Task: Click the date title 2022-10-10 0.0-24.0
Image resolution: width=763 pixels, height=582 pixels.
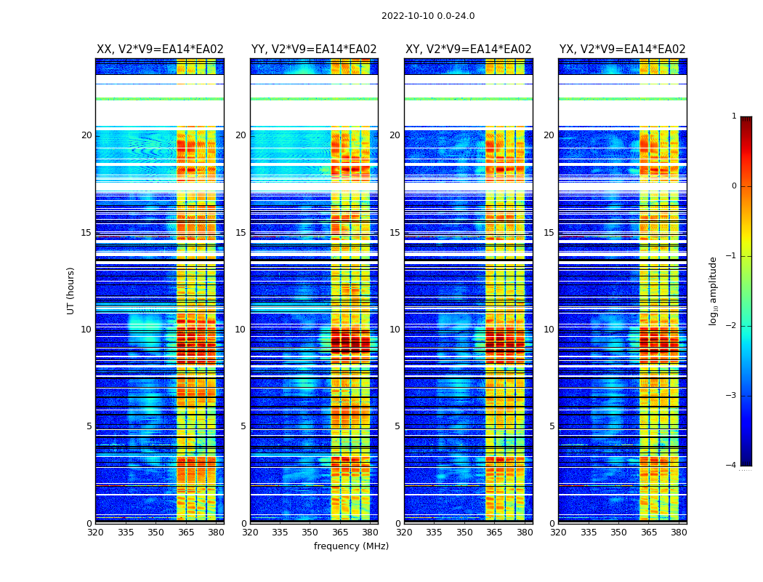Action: (x=428, y=16)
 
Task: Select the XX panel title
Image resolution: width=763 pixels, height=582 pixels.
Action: (x=160, y=49)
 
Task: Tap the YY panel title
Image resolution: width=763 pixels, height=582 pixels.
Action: (x=314, y=49)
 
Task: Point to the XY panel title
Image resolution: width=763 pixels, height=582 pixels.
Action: (x=469, y=49)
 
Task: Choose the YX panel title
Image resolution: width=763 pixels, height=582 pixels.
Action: (x=623, y=49)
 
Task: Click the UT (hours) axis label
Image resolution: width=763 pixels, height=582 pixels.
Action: (x=71, y=290)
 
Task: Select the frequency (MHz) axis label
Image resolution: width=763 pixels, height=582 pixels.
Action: (x=351, y=546)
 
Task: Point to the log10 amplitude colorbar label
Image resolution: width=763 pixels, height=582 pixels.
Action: (x=714, y=290)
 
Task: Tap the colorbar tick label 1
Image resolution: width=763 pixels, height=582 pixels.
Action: (x=734, y=116)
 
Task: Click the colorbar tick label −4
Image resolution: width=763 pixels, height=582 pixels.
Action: (x=732, y=466)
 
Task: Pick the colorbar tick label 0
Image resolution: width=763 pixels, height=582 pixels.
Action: (x=734, y=186)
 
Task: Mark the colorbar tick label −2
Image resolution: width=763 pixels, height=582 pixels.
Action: (x=732, y=326)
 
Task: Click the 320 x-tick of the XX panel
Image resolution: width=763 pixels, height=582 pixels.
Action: (x=95, y=533)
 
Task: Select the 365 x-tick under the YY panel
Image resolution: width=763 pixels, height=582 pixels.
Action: (x=340, y=533)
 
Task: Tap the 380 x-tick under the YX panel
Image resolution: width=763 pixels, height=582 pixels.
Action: (x=679, y=533)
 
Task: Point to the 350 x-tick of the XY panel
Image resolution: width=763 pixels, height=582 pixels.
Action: (x=464, y=533)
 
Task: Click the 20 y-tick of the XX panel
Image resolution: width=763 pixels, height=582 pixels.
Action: (x=86, y=135)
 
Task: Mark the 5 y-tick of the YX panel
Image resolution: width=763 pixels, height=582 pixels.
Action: (x=552, y=426)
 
